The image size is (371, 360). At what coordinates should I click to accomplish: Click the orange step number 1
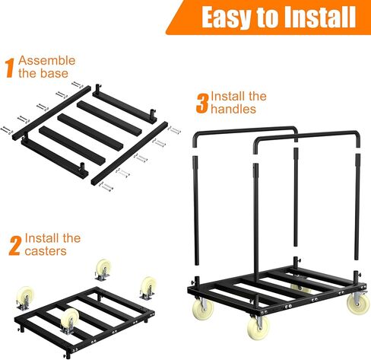point(10,68)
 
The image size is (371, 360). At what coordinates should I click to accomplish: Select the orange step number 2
point(13,246)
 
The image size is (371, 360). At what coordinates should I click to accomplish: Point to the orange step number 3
point(201,104)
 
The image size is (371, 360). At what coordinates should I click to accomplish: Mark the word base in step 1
point(56,74)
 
